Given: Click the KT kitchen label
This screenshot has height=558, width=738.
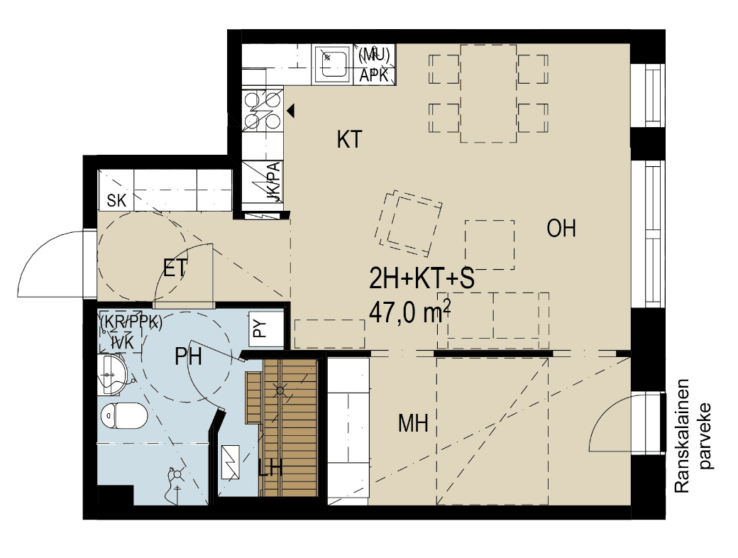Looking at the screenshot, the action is coord(350,139).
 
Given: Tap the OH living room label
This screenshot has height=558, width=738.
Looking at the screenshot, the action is coord(561,228).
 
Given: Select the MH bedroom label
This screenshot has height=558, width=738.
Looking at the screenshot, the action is coord(413,423).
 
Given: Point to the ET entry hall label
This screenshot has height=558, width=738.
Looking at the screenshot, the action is coord(175,268).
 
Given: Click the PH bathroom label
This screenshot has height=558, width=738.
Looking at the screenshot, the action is coord(188,356).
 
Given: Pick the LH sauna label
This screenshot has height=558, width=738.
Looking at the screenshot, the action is coord(270,469).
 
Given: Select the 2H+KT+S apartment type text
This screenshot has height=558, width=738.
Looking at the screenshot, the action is coord(422,279).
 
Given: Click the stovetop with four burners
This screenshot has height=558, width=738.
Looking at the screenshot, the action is coord(263,110).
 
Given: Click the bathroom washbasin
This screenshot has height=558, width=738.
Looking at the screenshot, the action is coord(113,374).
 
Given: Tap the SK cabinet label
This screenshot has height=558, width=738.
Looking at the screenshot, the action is coord(116,201).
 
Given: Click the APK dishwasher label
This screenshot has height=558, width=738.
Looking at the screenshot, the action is coord(374,75).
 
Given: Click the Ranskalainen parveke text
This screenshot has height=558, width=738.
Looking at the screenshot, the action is coord(694,436).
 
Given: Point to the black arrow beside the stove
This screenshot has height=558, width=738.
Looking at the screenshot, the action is coord(291,111).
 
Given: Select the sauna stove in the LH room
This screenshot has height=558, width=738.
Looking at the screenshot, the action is coord(230,462).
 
